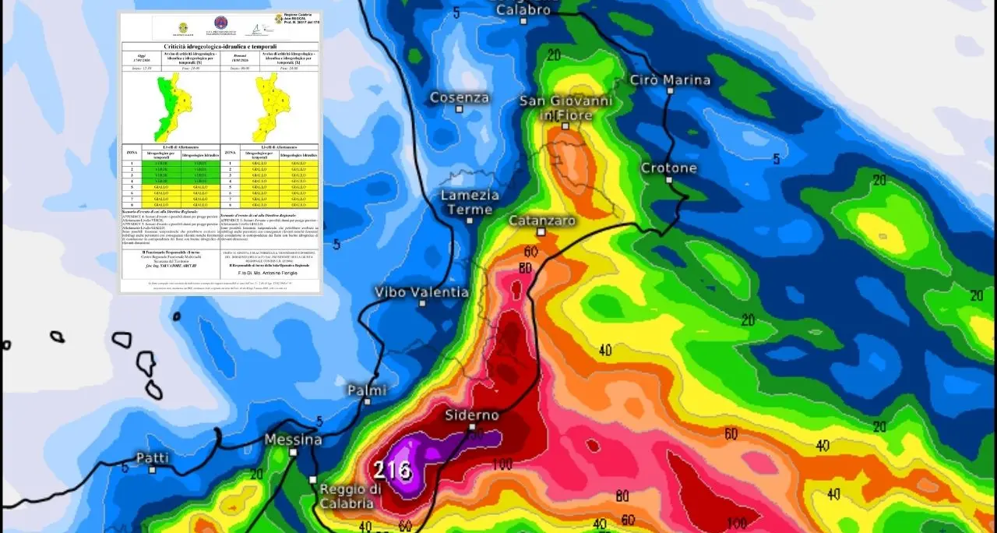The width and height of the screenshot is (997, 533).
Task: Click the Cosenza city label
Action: coord(460,97)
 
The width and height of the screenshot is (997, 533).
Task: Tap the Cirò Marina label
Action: coord(670,79)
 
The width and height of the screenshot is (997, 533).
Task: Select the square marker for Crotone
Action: coord(669,180)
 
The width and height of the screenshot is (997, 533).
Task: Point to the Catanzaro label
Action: coord(542,221)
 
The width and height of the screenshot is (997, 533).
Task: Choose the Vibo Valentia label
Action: coord(422,292)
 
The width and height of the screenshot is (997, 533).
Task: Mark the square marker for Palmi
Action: coord(368,402)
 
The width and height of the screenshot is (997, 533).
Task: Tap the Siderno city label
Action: coord(472,415)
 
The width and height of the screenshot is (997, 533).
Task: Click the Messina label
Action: coord(293,439)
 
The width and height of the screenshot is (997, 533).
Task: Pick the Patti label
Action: coord(153,457)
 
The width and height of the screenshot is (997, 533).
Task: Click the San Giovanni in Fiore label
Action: coord(566,108)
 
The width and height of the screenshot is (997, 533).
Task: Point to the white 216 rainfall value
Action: coord(392,470)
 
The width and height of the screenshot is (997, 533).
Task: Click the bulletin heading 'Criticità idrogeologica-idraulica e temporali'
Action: coord(220,47)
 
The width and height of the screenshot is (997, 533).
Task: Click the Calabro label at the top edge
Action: coord(523,9)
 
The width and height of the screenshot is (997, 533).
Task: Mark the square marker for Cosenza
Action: coord(460,109)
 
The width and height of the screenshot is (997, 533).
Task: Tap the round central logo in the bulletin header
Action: coord(221,24)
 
